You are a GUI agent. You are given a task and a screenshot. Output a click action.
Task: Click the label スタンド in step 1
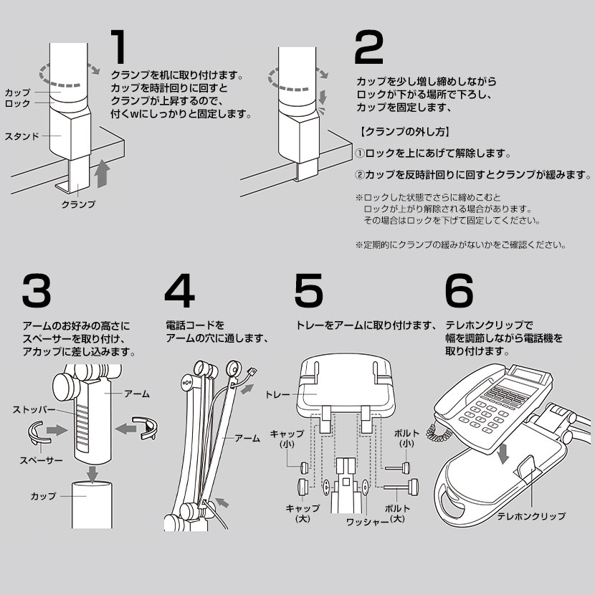[x=21, y=135]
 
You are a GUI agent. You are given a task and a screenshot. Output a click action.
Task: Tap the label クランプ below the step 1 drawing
[x=78, y=204]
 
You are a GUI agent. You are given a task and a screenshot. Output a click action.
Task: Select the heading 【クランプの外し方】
[x=403, y=132]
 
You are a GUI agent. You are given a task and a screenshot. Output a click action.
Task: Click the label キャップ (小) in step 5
[x=286, y=439]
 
